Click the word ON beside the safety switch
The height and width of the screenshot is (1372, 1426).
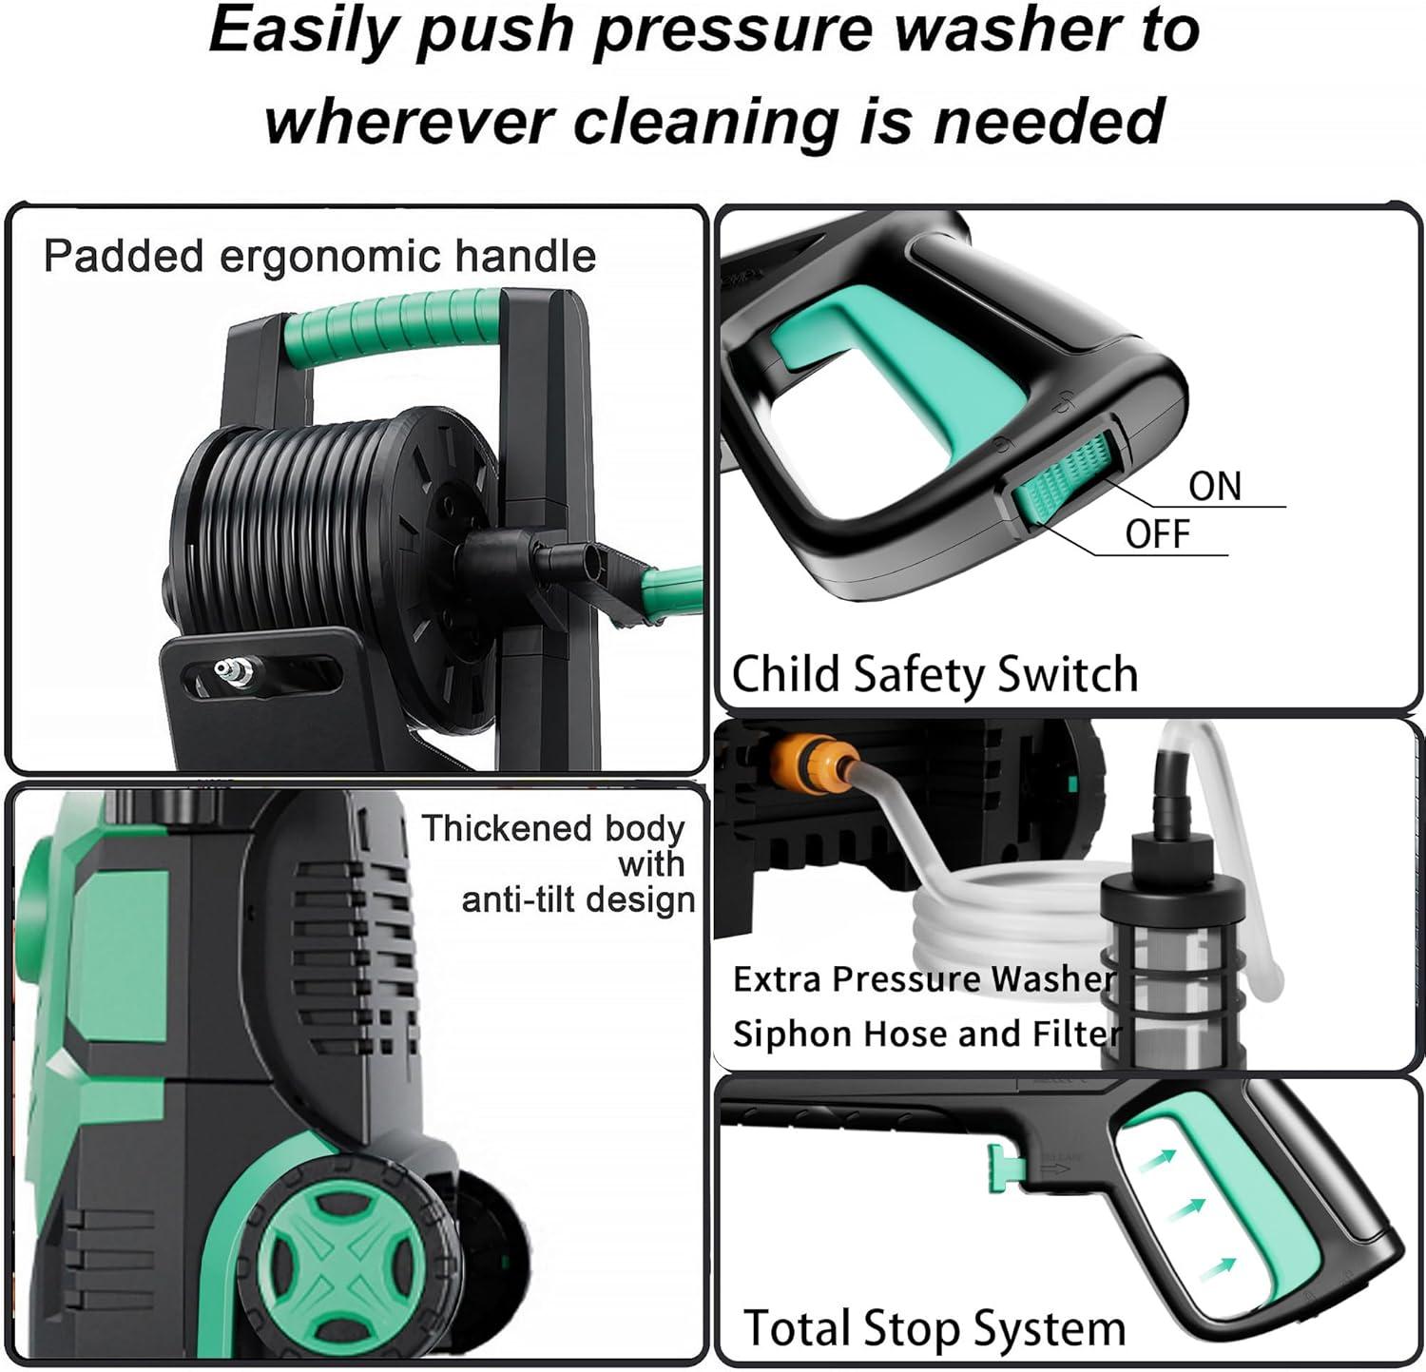pos(1215,486)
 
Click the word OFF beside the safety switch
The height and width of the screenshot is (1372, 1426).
pos(1158,534)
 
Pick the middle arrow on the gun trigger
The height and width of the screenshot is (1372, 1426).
pos(1185,1210)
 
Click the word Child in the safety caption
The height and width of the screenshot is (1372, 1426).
pos(786,674)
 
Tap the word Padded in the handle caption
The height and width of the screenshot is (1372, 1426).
pos(123,257)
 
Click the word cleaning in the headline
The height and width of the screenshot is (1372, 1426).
pos(707,121)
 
